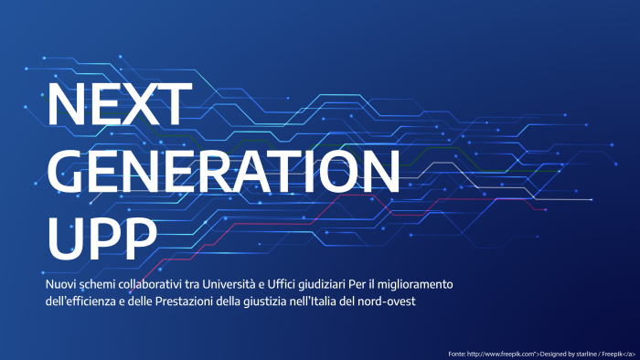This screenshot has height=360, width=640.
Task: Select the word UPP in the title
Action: point(101,235)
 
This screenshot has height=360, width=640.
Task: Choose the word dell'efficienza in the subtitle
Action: point(83,301)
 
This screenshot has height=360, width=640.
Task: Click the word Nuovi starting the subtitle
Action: point(61,285)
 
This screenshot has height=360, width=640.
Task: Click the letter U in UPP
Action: point(63,235)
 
